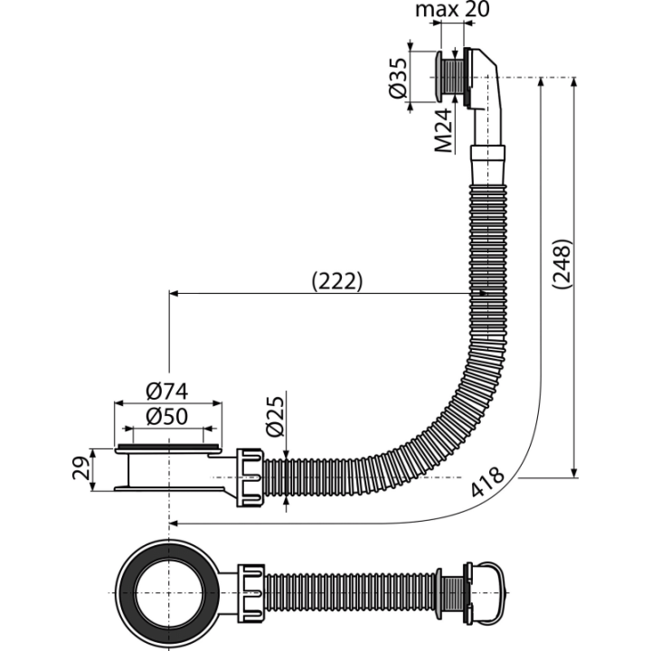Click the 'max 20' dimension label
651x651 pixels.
click(x=452, y=9)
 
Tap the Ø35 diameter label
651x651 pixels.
click(x=399, y=78)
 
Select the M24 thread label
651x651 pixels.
click(x=443, y=130)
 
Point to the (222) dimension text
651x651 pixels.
click(x=337, y=281)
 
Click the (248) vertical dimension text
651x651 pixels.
click(x=562, y=264)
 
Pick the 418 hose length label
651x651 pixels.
click(x=487, y=482)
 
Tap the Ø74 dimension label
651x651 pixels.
click(x=167, y=392)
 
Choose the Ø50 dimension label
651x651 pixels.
click(x=167, y=417)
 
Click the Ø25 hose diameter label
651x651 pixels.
click(x=275, y=417)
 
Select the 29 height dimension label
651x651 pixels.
click(x=80, y=468)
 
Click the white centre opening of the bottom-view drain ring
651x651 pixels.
click(x=168, y=593)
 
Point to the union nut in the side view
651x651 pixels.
click(x=250, y=477)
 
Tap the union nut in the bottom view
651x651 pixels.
click(x=250, y=593)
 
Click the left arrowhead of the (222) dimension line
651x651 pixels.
click(x=175, y=294)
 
